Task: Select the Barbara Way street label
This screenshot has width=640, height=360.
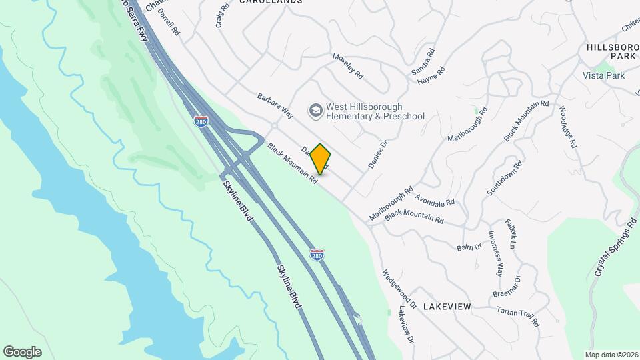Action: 275,105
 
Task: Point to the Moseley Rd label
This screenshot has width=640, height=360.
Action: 347,65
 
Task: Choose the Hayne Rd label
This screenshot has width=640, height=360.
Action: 431,76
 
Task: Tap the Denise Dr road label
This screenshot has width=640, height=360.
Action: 377,153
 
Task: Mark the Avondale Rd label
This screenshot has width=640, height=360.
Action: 434,198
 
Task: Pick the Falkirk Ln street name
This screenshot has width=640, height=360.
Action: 511,234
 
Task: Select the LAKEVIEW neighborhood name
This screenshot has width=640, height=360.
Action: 447,307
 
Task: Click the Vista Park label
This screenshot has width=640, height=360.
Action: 603,76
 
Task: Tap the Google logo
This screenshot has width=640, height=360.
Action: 22,351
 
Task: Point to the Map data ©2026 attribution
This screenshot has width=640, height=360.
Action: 610,355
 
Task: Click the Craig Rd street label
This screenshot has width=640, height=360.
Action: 223,15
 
